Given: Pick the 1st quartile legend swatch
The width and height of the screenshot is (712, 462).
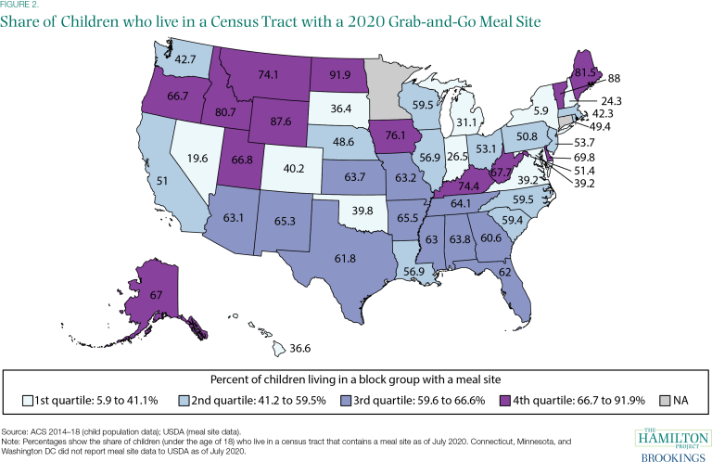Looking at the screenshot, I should click(x=26, y=402).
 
